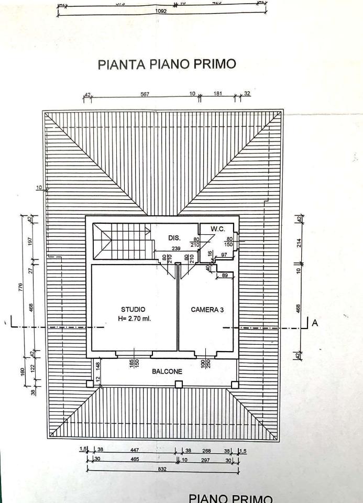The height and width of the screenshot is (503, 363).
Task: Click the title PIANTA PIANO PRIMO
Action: [x=167, y=64]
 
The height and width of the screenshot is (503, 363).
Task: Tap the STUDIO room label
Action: [x=133, y=310]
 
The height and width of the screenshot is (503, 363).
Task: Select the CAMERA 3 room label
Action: [x=207, y=310]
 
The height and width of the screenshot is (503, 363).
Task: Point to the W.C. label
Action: [x=218, y=229]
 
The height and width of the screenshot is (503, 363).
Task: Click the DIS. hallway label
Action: [x=174, y=238]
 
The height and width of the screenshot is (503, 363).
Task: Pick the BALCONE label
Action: [x=167, y=371]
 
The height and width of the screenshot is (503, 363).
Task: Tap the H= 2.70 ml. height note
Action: [x=136, y=319]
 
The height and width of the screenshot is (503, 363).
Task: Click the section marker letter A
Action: [x=315, y=323]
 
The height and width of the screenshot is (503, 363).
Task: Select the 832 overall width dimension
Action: [x=162, y=469]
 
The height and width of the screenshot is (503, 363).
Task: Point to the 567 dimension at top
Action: [x=145, y=94]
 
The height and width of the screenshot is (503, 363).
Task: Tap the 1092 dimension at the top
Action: [x=161, y=11]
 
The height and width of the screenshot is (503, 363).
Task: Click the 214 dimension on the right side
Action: [x=299, y=243]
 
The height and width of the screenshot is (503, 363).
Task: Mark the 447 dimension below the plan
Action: [x=134, y=450]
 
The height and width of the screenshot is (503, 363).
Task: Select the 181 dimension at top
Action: [x=217, y=94]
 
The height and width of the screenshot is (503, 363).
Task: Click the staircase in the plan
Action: [x=122, y=240]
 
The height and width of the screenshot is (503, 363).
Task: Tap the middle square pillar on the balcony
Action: [x=179, y=385]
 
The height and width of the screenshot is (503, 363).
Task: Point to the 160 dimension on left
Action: [x=23, y=371]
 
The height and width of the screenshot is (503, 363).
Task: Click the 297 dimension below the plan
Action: [x=205, y=460]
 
